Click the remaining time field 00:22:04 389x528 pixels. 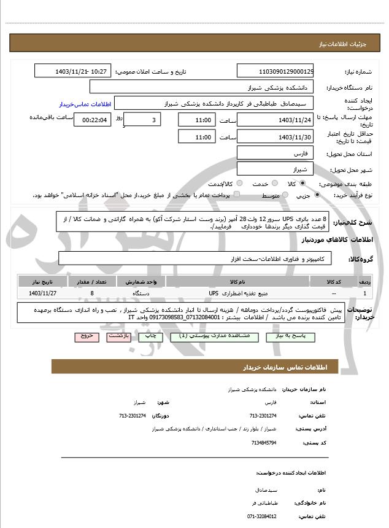click(x=93, y=120)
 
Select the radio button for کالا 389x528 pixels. click(x=302, y=184)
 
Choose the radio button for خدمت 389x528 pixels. click(x=274, y=184)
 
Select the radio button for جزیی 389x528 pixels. click(x=317, y=195)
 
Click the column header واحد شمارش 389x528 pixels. click(x=145, y=281)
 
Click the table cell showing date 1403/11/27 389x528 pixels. click(x=42, y=293)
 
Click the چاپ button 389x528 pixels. click(x=148, y=336)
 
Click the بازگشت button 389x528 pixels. click(x=118, y=336)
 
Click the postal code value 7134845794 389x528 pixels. click(x=263, y=442)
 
